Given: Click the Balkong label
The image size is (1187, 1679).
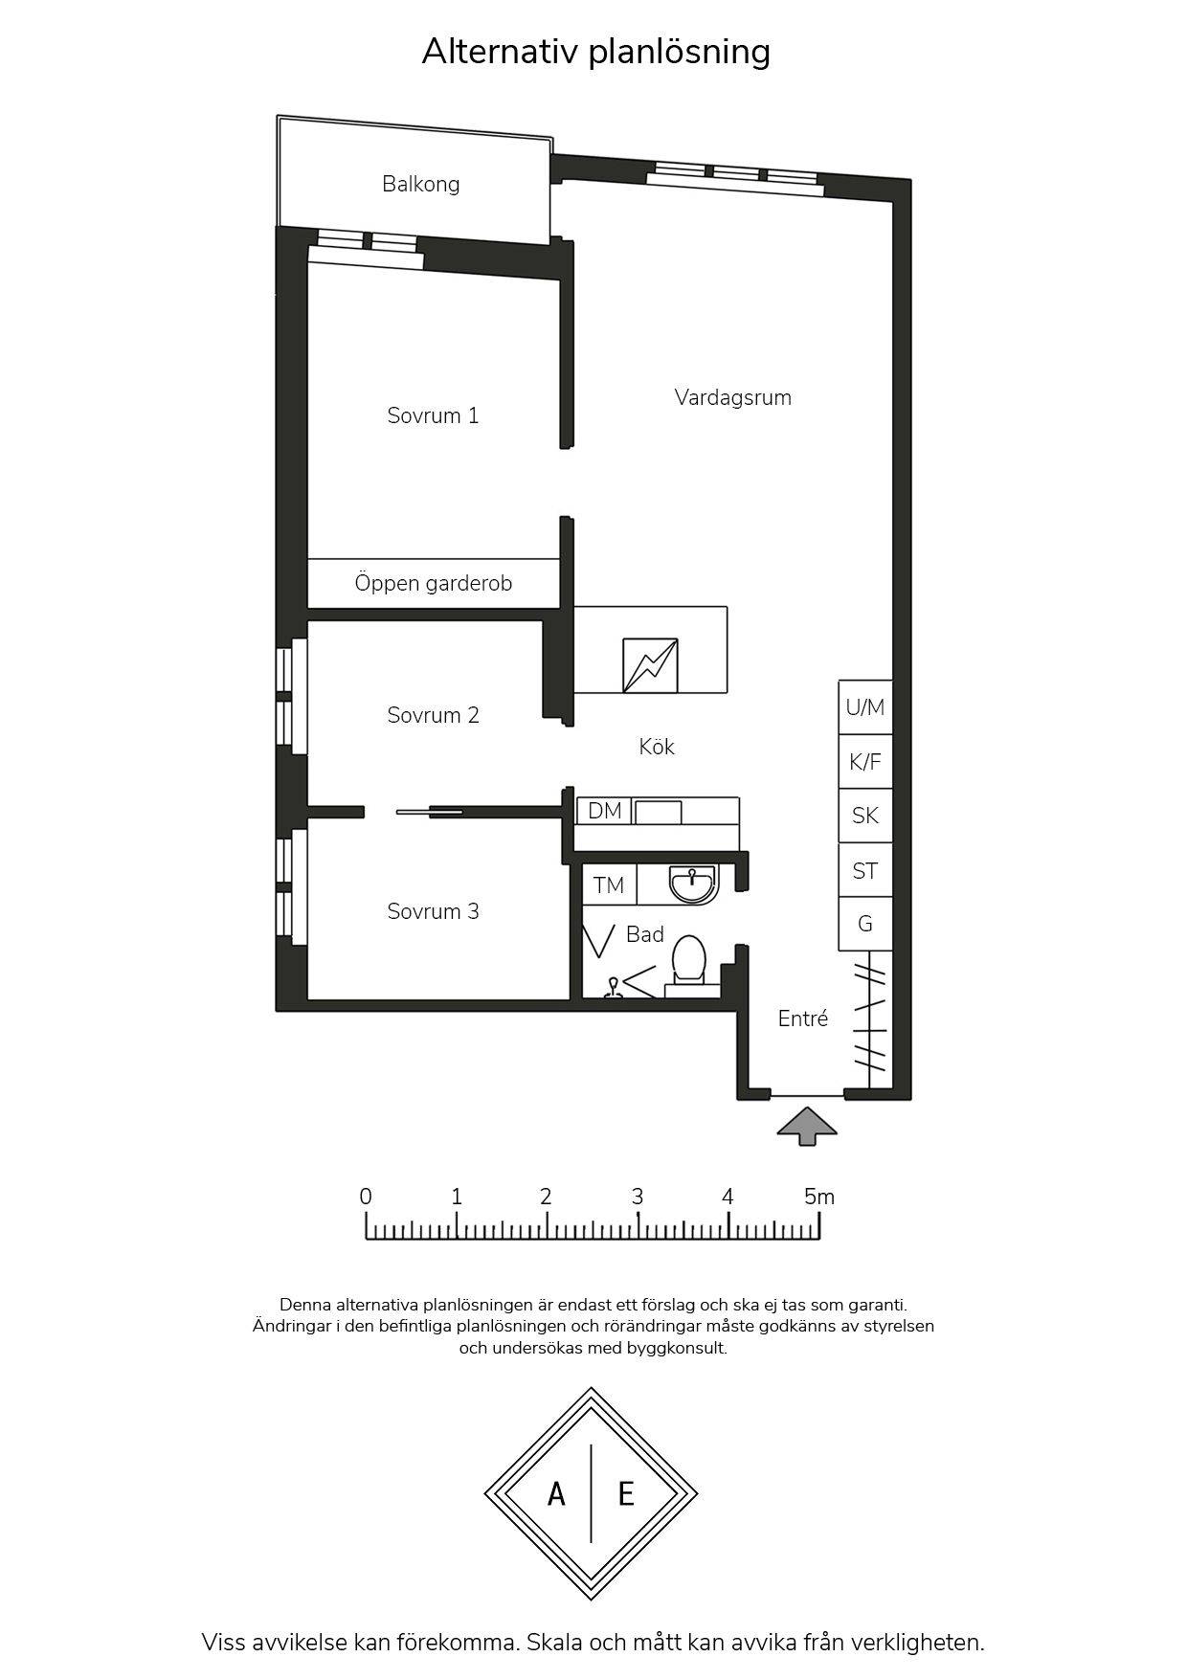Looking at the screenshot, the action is pyautogui.click(x=420, y=184).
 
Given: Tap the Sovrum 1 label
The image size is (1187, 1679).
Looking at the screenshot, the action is pyautogui.click(x=433, y=415).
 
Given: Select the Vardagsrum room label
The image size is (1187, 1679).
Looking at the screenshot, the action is pyautogui.click(x=732, y=397).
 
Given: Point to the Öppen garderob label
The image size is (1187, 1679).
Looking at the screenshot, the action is pyautogui.click(x=433, y=583).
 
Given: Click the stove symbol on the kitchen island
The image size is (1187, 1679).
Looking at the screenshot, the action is pyautogui.click(x=650, y=665).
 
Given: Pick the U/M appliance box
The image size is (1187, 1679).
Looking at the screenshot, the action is pyautogui.click(x=865, y=707).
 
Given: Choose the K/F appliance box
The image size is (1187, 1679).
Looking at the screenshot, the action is pyautogui.click(x=865, y=762).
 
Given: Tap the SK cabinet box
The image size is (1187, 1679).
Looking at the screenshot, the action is pyautogui.click(x=865, y=816).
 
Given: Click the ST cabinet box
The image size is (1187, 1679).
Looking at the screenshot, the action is pyautogui.click(x=865, y=870).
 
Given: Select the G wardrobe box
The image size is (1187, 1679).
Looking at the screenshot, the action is pyautogui.click(x=865, y=924).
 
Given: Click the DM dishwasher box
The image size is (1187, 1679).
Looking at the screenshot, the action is pyautogui.click(x=604, y=811).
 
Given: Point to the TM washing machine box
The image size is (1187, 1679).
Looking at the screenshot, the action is pyautogui.click(x=609, y=885).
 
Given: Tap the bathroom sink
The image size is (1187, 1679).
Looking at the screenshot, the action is pyautogui.click(x=693, y=884).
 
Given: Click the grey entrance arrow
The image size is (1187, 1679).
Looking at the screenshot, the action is pyautogui.click(x=807, y=1127).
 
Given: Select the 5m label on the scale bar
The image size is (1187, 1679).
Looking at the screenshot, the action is pyautogui.click(x=819, y=1197).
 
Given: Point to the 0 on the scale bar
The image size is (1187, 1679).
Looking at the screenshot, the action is pyautogui.click(x=366, y=1197).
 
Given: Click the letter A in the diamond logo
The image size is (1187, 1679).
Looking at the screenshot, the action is pyautogui.click(x=556, y=1493).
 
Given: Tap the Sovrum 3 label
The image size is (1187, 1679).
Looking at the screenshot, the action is pyautogui.click(x=433, y=911).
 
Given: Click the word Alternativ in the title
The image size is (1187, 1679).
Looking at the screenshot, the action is pyautogui.click(x=500, y=52).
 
